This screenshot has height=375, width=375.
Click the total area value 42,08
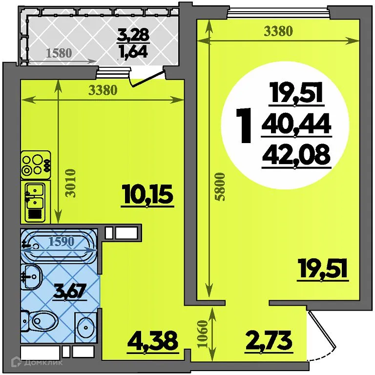tap(296, 156)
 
